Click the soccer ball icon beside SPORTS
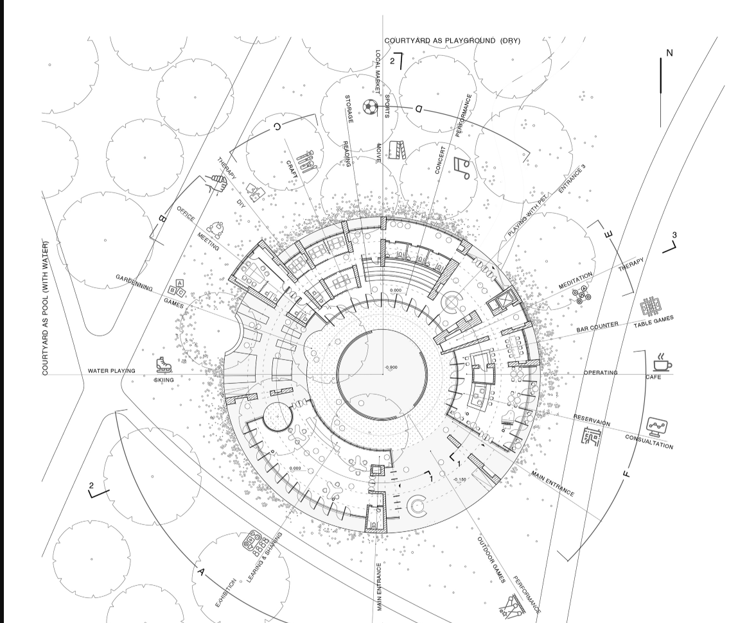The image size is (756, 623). coord(370,106)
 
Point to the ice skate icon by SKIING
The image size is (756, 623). coord(163,365)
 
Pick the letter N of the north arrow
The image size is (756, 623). coord(670,53)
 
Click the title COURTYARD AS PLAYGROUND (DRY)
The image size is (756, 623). coord(452,41)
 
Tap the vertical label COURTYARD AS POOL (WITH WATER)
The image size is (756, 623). coord(46,307)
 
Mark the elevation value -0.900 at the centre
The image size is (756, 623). coord(391,368)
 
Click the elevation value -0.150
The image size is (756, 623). coord(459,479)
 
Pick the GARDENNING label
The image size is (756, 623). coord(134,282)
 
